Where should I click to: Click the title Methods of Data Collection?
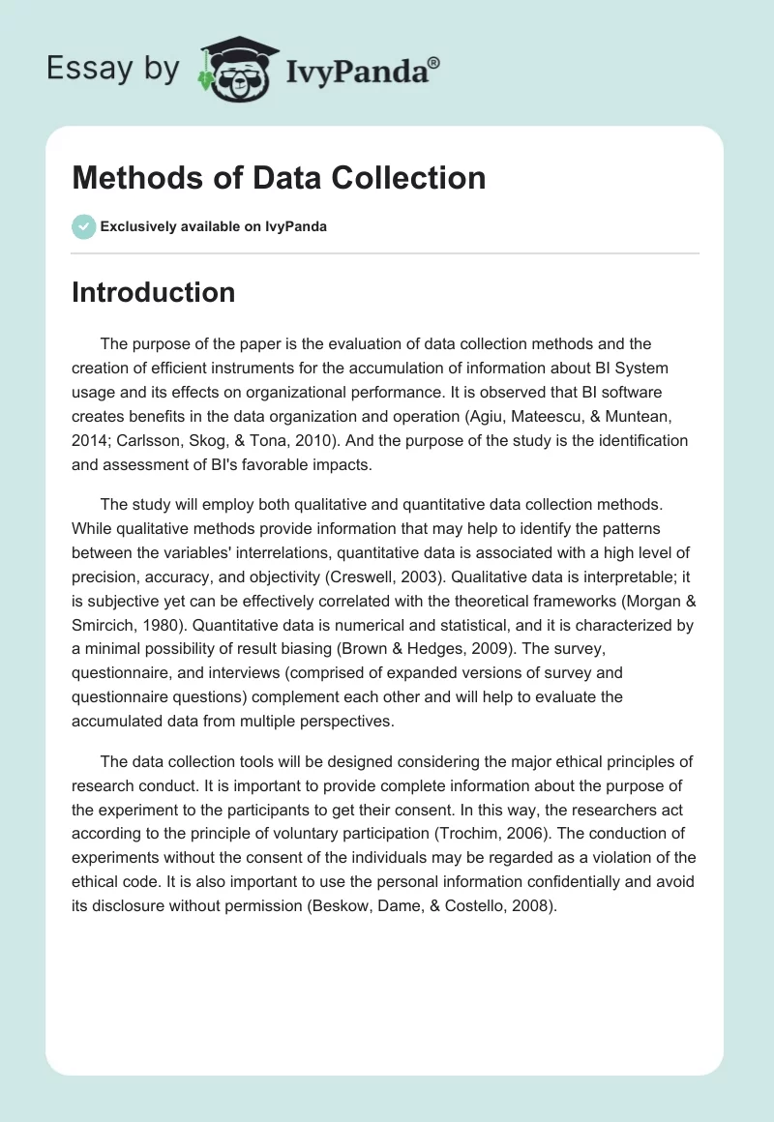pos(279,178)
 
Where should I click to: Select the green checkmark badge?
pos(83,226)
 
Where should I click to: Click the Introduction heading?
pos(153,293)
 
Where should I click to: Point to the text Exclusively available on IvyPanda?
pos(214,227)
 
